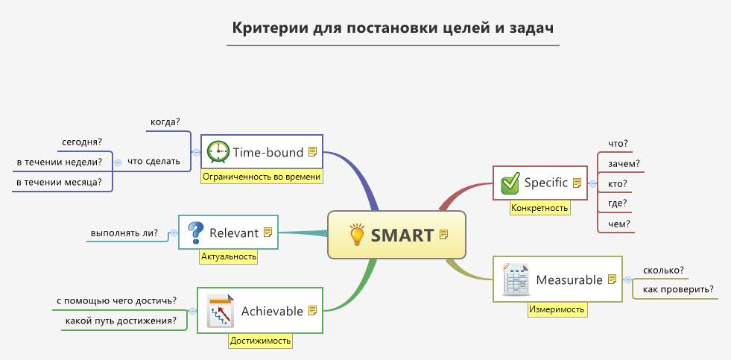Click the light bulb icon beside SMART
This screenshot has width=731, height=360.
(357, 235)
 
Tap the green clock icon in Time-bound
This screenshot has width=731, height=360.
(218, 152)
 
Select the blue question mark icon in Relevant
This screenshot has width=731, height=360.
(195, 233)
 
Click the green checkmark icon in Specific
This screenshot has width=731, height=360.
(510, 183)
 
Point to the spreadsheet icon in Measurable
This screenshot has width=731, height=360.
(515, 279)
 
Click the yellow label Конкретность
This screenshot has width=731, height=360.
(539, 208)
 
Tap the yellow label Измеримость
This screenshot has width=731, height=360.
(557, 309)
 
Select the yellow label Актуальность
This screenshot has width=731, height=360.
(229, 256)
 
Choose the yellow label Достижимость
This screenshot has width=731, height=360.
(260, 341)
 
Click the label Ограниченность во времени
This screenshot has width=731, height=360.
(262, 177)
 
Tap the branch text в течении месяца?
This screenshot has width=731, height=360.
(60, 182)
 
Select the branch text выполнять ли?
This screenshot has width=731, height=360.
(124, 233)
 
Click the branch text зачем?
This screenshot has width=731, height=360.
(624, 163)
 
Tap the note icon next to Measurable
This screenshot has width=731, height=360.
(613, 280)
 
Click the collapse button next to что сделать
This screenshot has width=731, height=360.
(118, 162)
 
